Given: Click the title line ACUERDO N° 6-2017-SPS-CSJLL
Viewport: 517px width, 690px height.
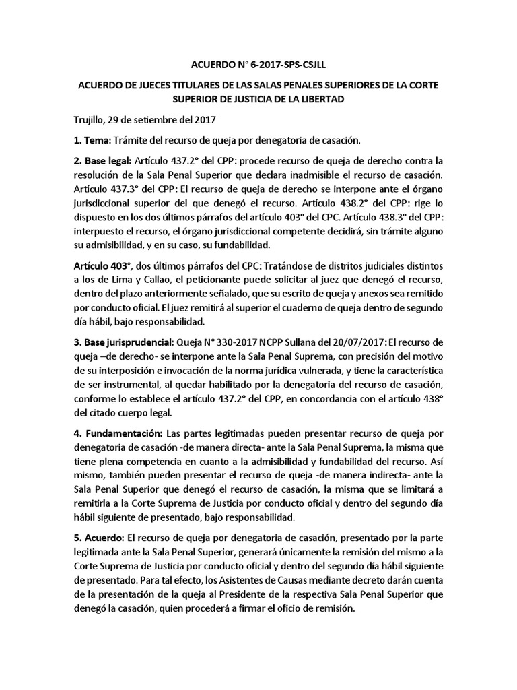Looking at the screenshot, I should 258,65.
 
